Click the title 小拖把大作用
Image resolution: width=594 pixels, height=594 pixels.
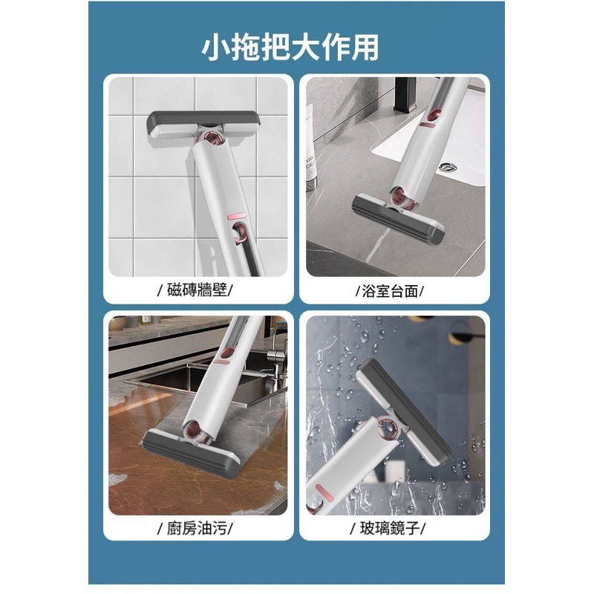click(290, 48)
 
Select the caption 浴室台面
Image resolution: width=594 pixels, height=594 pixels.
click(391, 291)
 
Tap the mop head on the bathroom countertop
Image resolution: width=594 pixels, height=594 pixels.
click(398, 219)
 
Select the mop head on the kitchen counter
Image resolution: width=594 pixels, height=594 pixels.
click(191, 451)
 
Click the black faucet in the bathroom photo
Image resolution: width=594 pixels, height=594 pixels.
click(405, 95)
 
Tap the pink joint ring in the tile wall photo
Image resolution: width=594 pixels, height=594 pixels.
click(214, 138)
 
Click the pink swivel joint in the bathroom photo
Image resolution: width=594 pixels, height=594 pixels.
click(401, 196)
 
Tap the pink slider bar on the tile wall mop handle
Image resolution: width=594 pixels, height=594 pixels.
click(237, 216)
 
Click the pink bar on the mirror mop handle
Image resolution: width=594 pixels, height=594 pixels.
click(324, 492)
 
